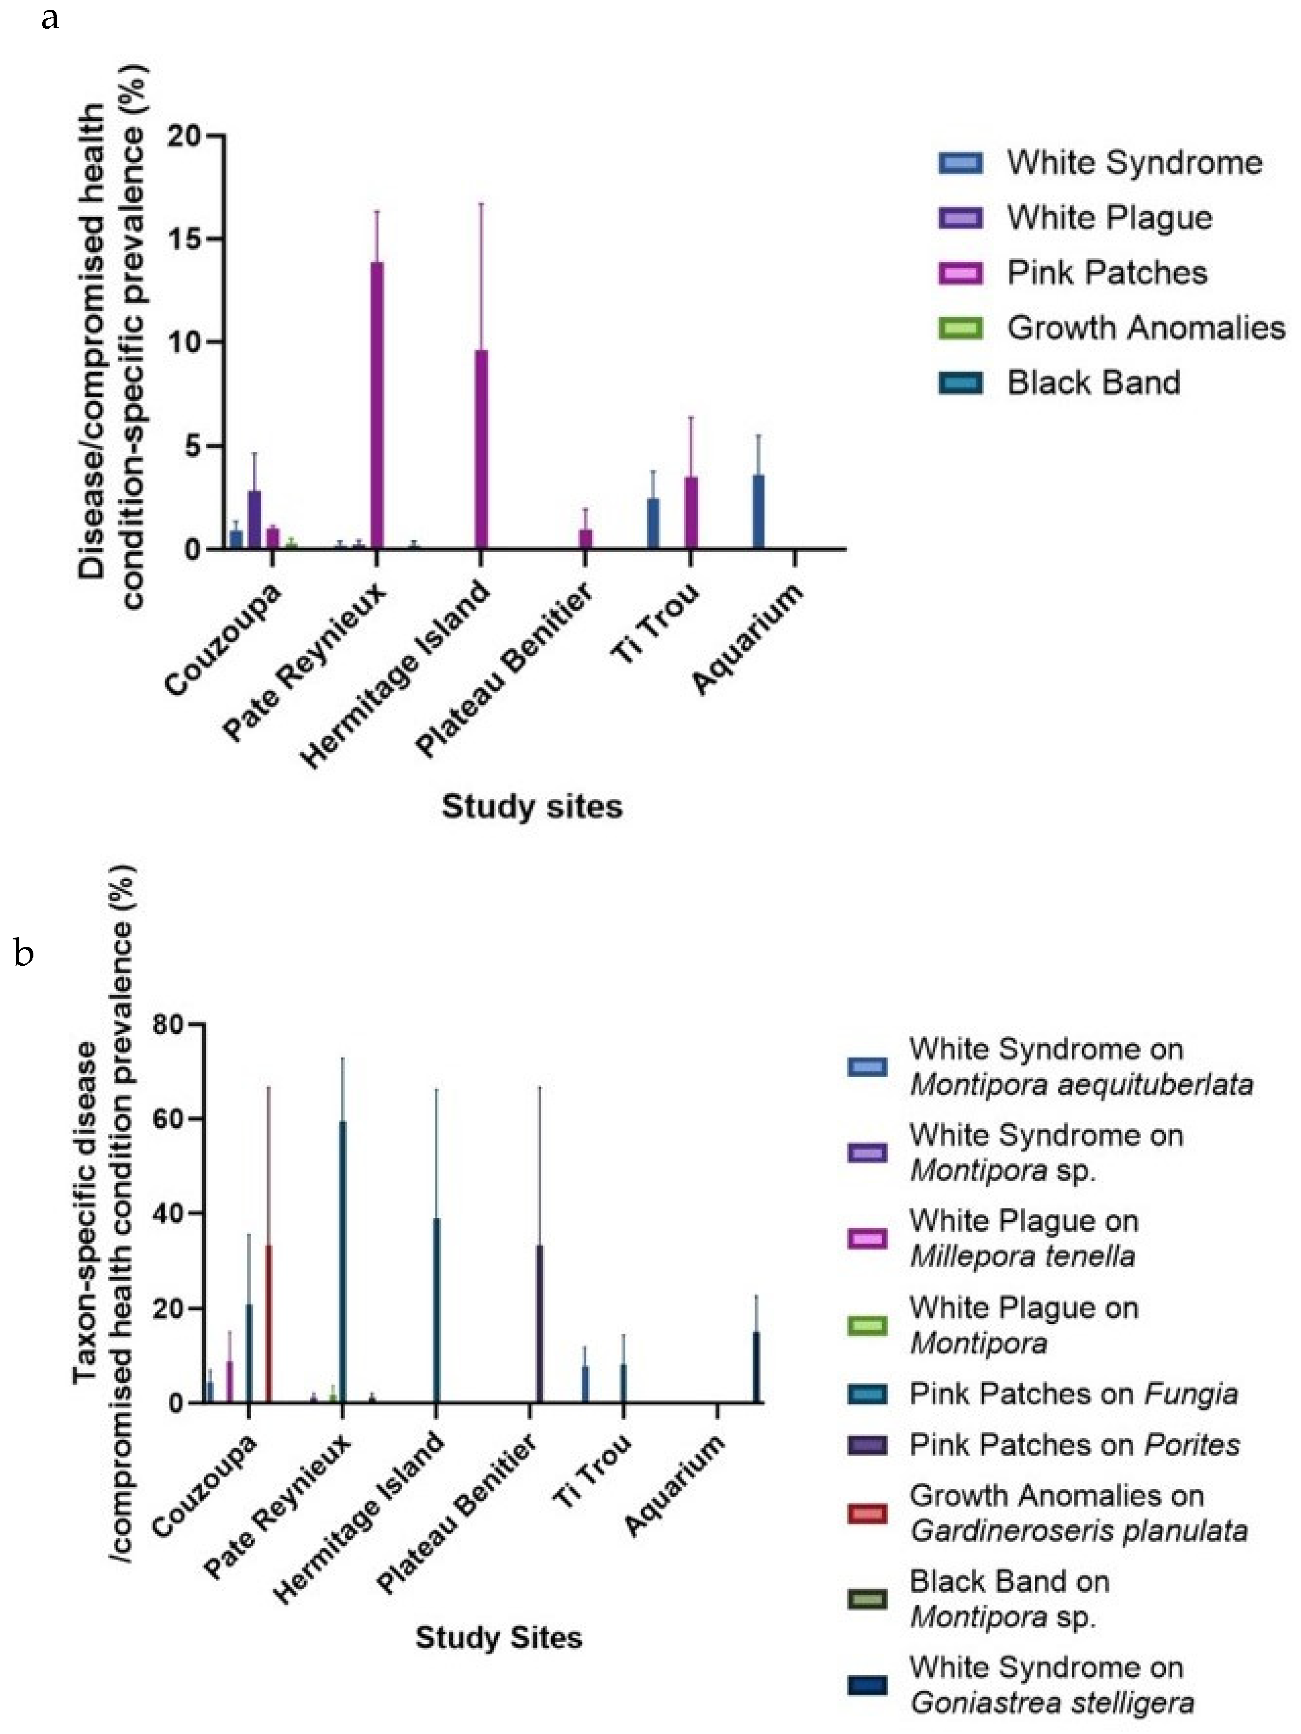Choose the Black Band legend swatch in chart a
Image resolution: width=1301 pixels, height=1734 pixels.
click(x=960, y=383)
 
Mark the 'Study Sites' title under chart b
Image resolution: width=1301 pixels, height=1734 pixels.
click(x=498, y=1638)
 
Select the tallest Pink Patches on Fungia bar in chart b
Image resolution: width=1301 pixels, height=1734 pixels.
click(x=342, y=1262)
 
